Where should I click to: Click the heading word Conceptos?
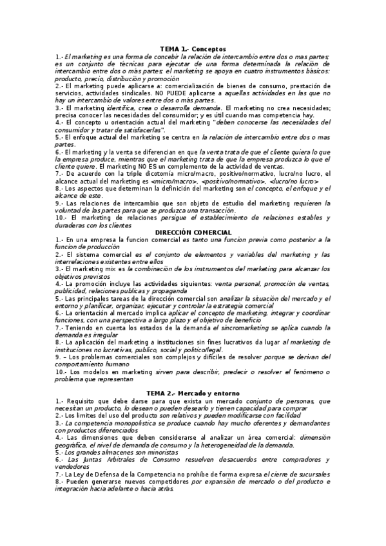pyautogui.click(x=209, y=49)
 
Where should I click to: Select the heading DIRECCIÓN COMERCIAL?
pyautogui.click(x=193, y=231)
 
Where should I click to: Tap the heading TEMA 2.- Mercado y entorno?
pyautogui.click(x=193, y=393)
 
